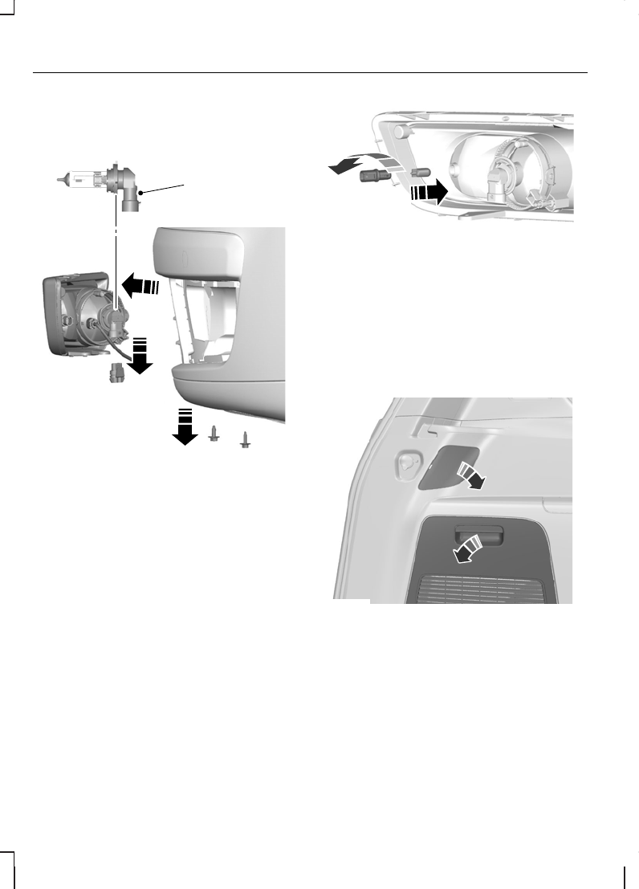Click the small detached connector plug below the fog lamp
pos(116,373)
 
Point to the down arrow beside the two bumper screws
pos(185,426)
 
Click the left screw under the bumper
pos(214,434)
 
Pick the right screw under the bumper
pos(246,439)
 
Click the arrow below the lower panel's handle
pos(465,550)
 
